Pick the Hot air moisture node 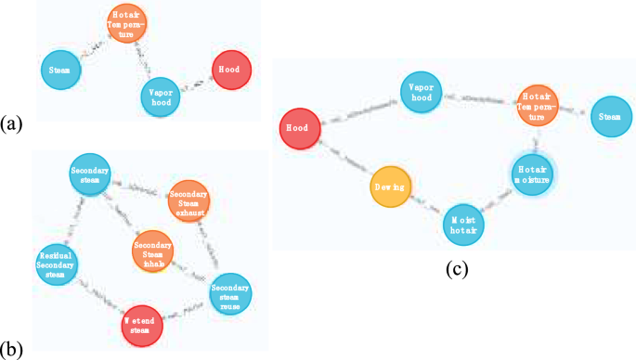click(533, 174)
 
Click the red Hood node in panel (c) click(300, 129)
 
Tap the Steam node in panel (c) click(609, 116)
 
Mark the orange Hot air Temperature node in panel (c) click(536, 102)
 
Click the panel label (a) click(11, 122)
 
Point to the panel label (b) click(11, 351)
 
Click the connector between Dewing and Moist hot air click(427, 206)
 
